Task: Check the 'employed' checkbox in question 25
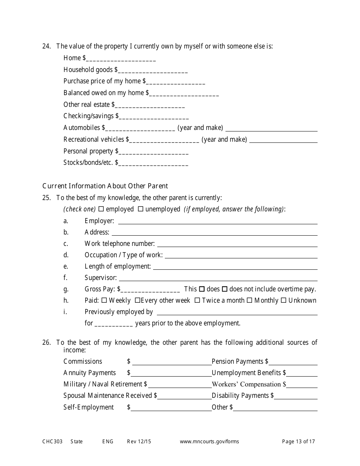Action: [101, 209]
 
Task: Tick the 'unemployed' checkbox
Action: [141, 209]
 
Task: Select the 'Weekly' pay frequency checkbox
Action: [104, 300]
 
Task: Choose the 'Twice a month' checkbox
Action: [197, 300]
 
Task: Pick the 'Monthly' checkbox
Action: [249, 300]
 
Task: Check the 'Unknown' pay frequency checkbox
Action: [283, 300]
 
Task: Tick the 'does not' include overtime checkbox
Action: [224, 289]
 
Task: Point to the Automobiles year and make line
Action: [271, 129]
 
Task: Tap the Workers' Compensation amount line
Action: [302, 386]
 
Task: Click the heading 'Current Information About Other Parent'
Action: [105, 186]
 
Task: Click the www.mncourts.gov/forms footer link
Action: [209, 441]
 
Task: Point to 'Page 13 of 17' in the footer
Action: [298, 441]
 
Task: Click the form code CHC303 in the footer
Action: [52, 441]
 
